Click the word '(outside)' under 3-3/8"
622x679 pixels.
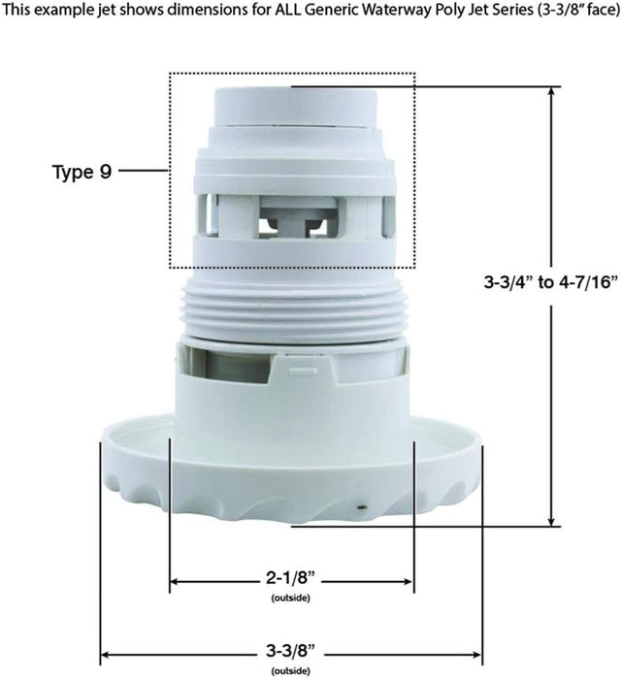click(x=291, y=671)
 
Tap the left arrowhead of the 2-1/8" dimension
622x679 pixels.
click(x=176, y=582)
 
